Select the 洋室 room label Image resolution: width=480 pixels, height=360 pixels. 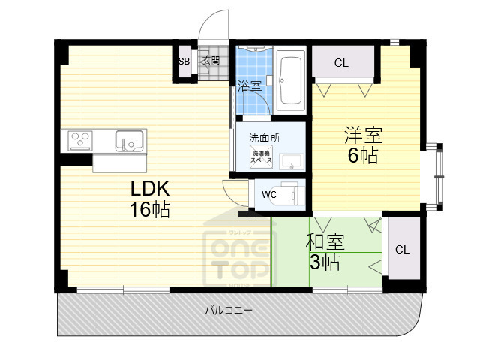(x=363, y=136)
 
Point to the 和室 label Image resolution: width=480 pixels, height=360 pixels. (x=325, y=242)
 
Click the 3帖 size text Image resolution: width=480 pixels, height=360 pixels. (x=325, y=262)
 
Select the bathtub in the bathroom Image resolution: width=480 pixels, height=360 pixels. (x=290, y=80)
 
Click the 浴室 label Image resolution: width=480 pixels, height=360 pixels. (x=249, y=86)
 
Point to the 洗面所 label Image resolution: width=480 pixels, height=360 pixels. (x=265, y=137)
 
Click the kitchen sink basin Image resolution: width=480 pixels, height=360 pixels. (x=129, y=139)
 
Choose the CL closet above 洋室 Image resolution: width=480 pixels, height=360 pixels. (x=342, y=64)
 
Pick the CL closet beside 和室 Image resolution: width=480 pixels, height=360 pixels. (x=402, y=249)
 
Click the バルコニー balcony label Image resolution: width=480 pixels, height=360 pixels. (x=229, y=310)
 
